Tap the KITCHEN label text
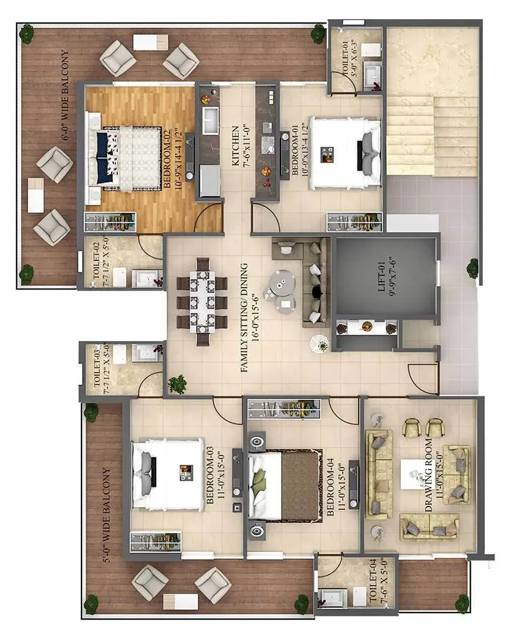pyautogui.click(x=236, y=146)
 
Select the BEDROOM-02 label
pyautogui.click(x=167, y=159)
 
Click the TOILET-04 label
pyautogui.click(x=373, y=580)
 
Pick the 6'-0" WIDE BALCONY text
pyautogui.click(x=65, y=96)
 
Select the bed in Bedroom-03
pyautogui.click(x=168, y=474)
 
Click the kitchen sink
pyautogui.click(x=210, y=120)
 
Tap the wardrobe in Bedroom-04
pyautogui.click(x=284, y=409)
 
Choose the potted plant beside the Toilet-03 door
pyautogui.click(x=177, y=383)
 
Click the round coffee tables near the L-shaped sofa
pyautogui.click(x=279, y=290)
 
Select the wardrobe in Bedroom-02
pyautogui.click(x=110, y=222)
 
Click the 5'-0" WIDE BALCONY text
pyautogui.click(x=107, y=515)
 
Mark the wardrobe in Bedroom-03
pyautogui.click(x=156, y=542)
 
